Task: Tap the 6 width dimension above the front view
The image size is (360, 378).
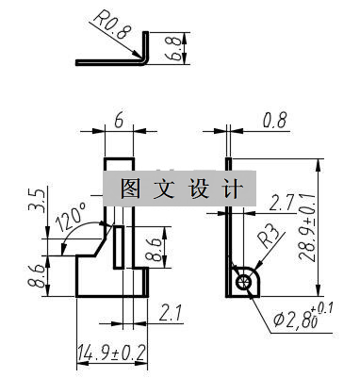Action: (119, 122)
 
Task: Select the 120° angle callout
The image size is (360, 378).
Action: (71, 220)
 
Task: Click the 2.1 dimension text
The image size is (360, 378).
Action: (171, 310)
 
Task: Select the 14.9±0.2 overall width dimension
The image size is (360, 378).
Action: (110, 353)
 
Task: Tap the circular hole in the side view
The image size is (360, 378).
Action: (245, 281)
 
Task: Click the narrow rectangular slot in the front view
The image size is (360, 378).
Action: (120, 249)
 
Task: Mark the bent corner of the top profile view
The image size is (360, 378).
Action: (143, 59)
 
